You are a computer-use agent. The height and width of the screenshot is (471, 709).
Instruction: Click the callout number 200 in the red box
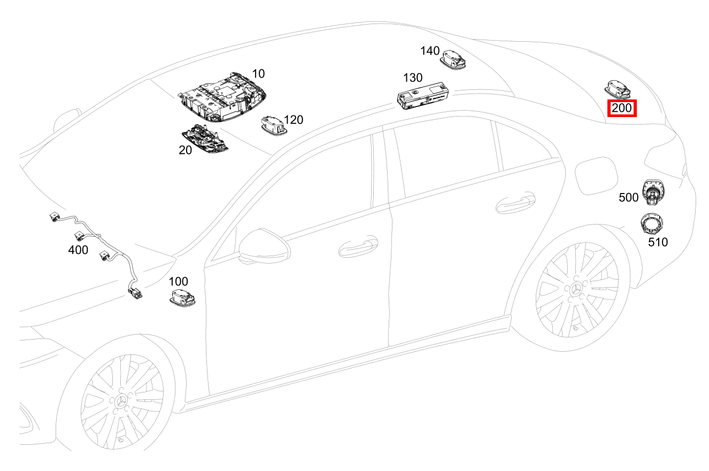(x=622, y=108)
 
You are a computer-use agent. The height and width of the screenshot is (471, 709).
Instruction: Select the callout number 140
(x=430, y=51)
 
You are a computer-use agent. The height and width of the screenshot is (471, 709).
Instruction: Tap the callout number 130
(x=413, y=78)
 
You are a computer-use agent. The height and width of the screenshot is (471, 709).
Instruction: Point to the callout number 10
(x=258, y=74)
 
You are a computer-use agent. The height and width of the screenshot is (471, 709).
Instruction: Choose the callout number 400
(x=78, y=250)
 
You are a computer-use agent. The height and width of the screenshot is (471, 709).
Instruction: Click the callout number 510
(x=658, y=243)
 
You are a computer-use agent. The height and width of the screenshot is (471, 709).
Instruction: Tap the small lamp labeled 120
(x=273, y=125)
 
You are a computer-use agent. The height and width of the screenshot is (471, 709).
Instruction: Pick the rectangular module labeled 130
(x=423, y=96)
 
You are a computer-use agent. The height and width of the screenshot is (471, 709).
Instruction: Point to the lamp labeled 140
(x=453, y=59)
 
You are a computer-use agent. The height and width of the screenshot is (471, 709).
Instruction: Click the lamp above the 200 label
(x=617, y=90)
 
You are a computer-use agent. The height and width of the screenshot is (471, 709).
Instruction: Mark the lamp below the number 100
(x=183, y=298)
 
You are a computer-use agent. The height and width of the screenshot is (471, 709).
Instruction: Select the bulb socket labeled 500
(x=653, y=192)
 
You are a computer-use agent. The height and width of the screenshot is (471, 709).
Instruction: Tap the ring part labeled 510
(x=652, y=223)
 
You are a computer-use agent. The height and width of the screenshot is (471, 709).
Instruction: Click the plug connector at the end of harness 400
(x=135, y=294)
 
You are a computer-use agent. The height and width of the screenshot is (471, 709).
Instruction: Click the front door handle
(x=358, y=247)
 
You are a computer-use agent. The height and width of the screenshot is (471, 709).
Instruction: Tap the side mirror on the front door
(x=264, y=245)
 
